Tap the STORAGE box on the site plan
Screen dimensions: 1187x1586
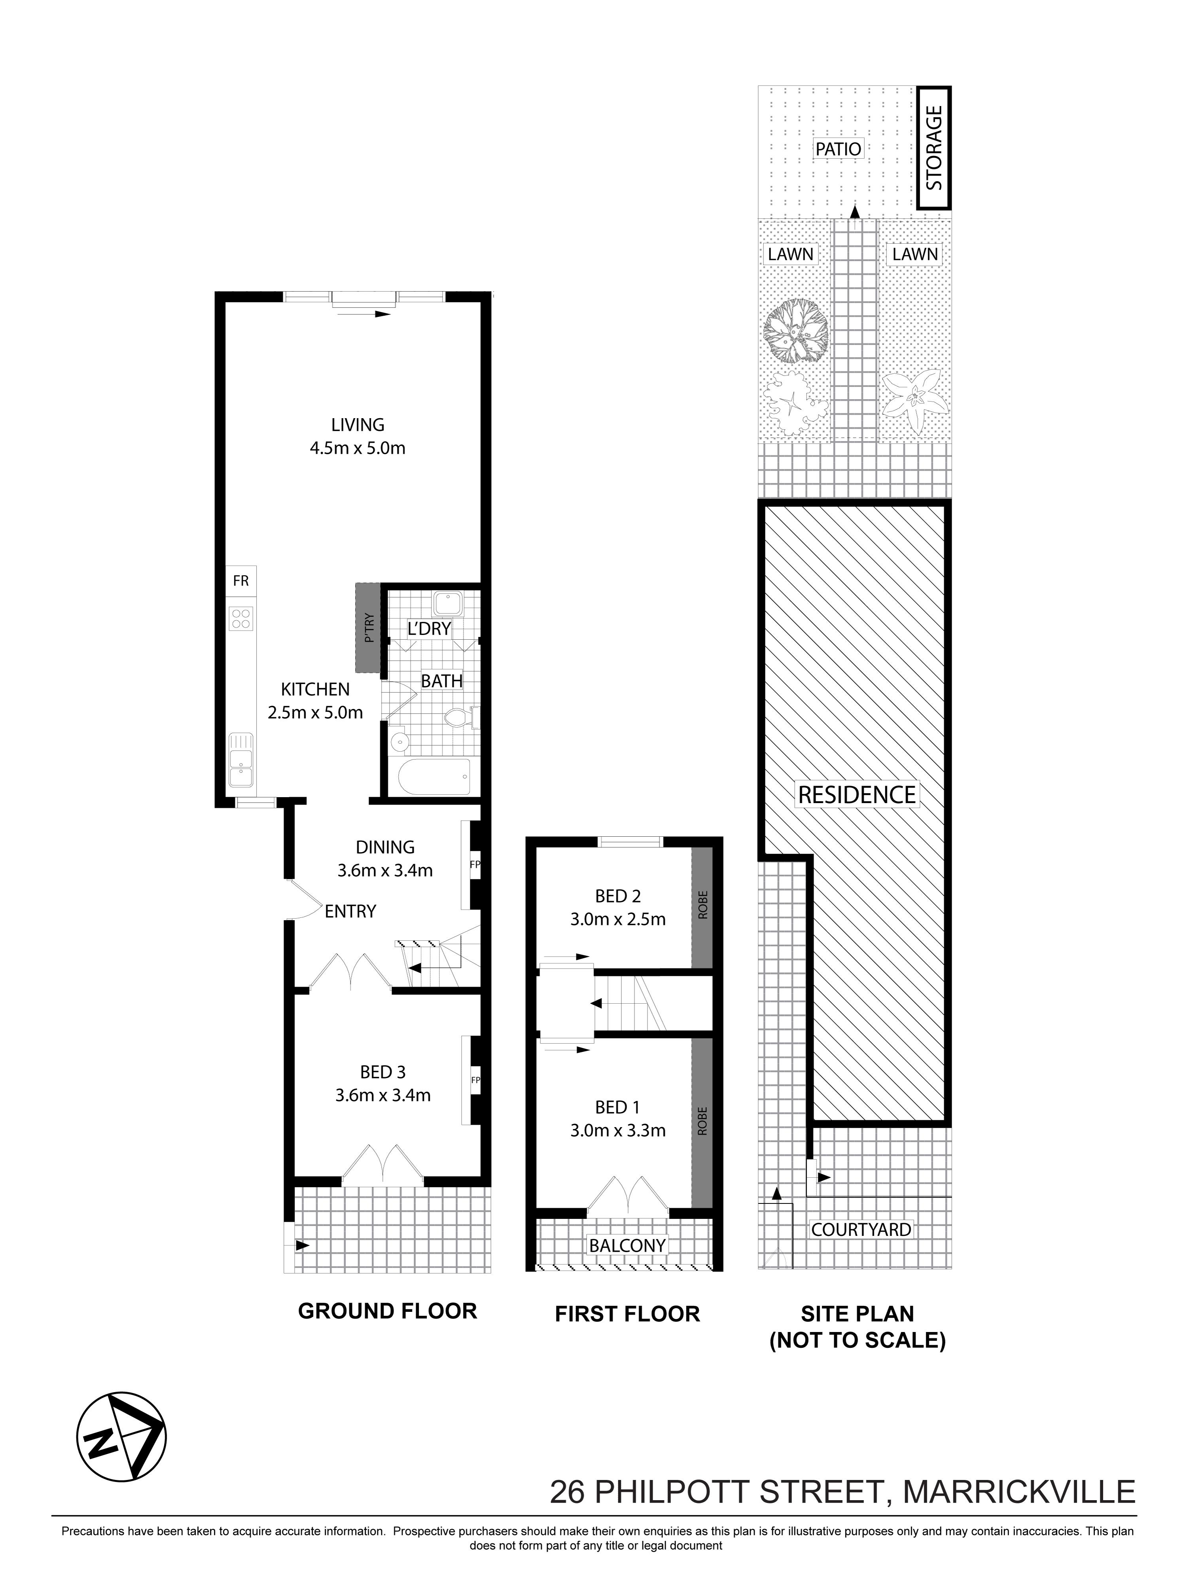click(933, 148)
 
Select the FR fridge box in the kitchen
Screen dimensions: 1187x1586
click(241, 581)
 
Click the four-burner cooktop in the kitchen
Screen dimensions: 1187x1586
click(241, 618)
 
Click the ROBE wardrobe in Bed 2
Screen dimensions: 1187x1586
click(702, 907)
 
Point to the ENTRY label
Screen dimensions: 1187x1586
click(350, 911)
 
